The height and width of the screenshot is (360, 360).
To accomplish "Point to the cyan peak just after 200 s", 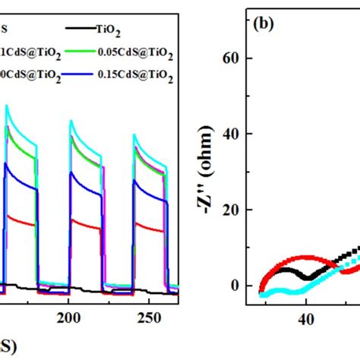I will click(x=71, y=120).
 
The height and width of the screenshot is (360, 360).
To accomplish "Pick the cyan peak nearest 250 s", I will click(x=134, y=134).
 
